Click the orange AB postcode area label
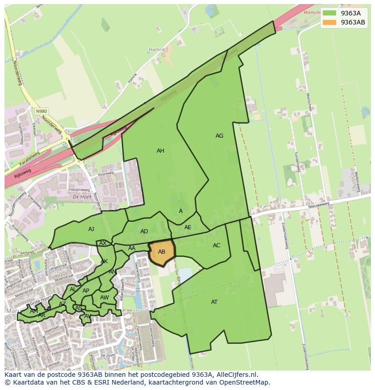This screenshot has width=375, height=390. pyautogui.click(x=162, y=252)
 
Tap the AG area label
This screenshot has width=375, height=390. pyautogui.click(x=219, y=136)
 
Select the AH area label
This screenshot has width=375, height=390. pyautogui.click(x=160, y=151)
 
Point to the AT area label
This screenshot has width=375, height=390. pyautogui.click(x=214, y=302)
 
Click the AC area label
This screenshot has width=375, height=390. pyautogui.click(x=216, y=246)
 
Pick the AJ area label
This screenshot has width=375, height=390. pyautogui.click(x=91, y=229)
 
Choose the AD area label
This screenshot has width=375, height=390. pyautogui.click(x=144, y=231)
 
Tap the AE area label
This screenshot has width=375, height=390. pyautogui.click(x=188, y=227)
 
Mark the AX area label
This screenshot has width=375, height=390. pyautogui.click(x=103, y=243)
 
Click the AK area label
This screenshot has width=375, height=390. pyautogui.click(x=104, y=261)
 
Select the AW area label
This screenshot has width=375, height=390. pyautogui.click(x=104, y=298)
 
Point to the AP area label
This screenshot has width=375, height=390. pyautogui.click(x=86, y=291)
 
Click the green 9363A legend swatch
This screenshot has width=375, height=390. pyautogui.click(x=330, y=13)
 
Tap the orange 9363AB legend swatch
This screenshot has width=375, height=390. pyautogui.click(x=330, y=22)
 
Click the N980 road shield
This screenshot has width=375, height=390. pyautogui.click(x=41, y=111)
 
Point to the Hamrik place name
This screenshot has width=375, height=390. pyautogui.click(x=157, y=49)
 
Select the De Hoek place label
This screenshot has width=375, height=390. pyautogui.click(x=82, y=197)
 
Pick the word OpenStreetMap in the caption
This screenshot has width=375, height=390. pyautogui.click(x=245, y=382)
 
